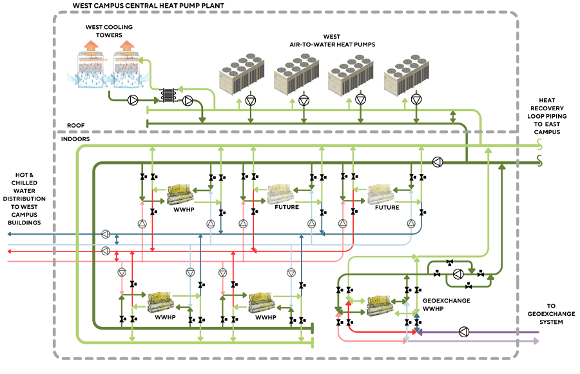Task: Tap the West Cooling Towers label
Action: [x=104, y=31]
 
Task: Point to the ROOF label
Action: [x=76, y=125]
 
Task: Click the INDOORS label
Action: [x=75, y=139]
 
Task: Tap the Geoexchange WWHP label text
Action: [x=445, y=305]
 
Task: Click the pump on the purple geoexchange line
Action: [x=463, y=332]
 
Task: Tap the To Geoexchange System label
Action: [x=551, y=313]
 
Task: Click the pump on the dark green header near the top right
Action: [x=437, y=162]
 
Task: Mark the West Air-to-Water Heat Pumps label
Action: [x=332, y=41]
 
